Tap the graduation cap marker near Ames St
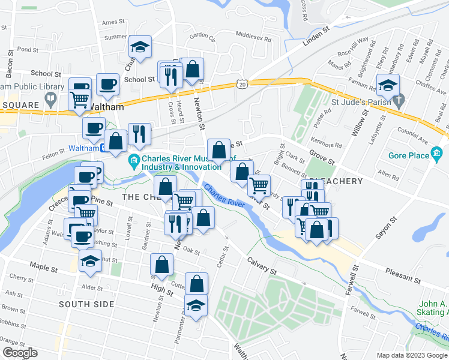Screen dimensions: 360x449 (x=140, y=47)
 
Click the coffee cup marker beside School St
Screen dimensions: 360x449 (x=108, y=85)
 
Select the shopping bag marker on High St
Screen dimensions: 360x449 (x=162, y=264)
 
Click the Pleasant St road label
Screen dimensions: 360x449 (x=403, y=278)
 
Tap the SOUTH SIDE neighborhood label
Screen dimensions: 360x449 (x=86, y=304)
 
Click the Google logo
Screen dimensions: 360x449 (x=19, y=353)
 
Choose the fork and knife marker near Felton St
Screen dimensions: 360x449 (x=139, y=134)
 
